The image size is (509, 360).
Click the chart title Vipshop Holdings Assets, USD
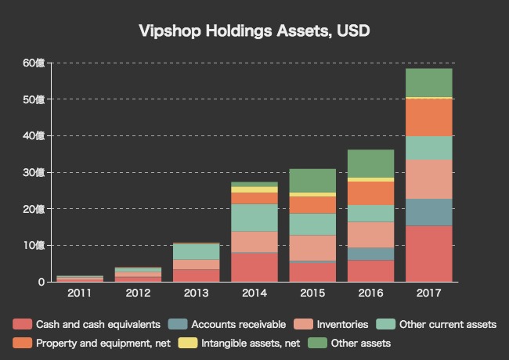pyautogui.click(x=254, y=31)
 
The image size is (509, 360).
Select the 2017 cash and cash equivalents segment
pyautogui.click(x=428, y=254)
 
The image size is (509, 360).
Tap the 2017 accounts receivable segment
pyautogui.click(x=428, y=212)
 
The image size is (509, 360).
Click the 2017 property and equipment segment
pyautogui.click(x=428, y=117)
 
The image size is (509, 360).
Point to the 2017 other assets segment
pyautogui.click(x=428, y=83)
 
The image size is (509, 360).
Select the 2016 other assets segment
pyautogui.click(x=370, y=164)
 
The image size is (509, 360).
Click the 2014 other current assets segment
pyautogui.click(x=254, y=218)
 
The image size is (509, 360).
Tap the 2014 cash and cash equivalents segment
pyautogui.click(x=254, y=267)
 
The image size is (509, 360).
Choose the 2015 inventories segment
pyautogui.click(x=312, y=247)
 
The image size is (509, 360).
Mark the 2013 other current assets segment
pyautogui.click(x=197, y=252)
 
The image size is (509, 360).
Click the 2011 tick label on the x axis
pyautogui.click(x=80, y=293)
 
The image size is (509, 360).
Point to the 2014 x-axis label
pyautogui.click(x=254, y=293)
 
